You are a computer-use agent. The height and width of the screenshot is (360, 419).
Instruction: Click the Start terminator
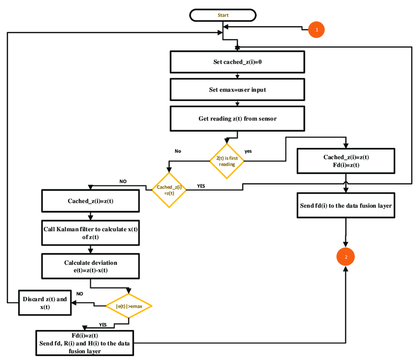(x=223, y=15)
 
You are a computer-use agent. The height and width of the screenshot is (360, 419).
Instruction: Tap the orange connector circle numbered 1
(x=316, y=30)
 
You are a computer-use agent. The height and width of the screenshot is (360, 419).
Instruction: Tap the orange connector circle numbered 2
(x=346, y=257)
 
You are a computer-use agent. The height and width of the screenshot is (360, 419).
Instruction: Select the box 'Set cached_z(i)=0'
(x=237, y=62)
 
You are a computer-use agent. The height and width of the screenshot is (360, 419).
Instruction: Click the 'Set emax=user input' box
(x=237, y=90)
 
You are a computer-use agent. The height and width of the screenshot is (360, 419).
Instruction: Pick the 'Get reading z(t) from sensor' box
(x=237, y=119)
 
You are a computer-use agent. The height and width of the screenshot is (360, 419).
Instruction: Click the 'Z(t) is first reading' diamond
(x=227, y=161)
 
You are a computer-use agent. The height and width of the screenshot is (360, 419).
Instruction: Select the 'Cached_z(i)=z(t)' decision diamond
(x=169, y=190)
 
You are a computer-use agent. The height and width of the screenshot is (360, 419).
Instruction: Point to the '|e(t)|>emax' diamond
(x=129, y=306)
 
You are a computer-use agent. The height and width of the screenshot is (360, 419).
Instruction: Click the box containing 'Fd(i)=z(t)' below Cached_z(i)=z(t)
(x=346, y=161)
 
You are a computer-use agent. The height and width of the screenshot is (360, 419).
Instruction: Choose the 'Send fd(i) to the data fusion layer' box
(x=346, y=206)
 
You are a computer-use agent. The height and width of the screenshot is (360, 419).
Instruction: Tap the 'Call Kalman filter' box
(x=90, y=233)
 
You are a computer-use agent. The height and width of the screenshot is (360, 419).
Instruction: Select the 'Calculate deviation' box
(x=90, y=266)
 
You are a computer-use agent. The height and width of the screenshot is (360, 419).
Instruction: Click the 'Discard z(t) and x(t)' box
(x=45, y=303)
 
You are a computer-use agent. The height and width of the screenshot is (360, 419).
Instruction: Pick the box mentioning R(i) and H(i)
(x=85, y=343)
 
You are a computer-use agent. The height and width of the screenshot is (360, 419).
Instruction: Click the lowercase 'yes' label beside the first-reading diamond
(x=248, y=151)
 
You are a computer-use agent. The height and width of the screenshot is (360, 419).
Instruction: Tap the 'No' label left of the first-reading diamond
(x=178, y=151)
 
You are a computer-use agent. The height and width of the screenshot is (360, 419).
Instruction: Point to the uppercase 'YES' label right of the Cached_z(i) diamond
(x=201, y=186)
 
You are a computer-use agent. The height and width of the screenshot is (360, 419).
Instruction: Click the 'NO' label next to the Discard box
(x=80, y=294)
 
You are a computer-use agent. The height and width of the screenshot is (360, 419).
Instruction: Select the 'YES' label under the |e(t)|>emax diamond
(x=103, y=324)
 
